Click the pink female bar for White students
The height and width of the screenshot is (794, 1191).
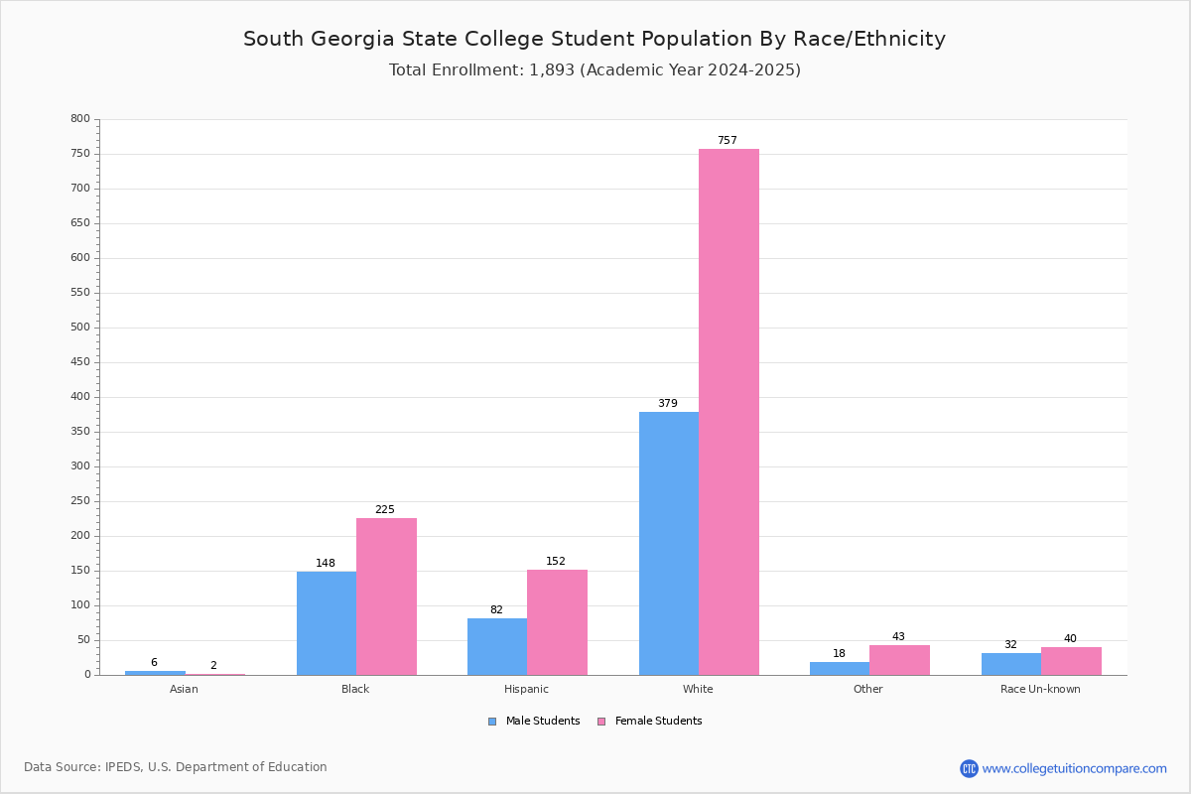pyautogui.click(x=728, y=412)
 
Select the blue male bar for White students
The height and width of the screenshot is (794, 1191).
pyautogui.click(x=669, y=543)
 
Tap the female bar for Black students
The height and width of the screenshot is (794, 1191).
pyautogui.click(x=386, y=596)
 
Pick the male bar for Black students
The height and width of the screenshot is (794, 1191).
pyautogui.click(x=327, y=623)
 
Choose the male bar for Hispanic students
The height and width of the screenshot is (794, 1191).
pyautogui.click(x=497, y=646)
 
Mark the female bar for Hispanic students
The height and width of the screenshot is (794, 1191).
pyautogui.click(x=557, y=622)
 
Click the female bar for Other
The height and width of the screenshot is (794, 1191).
pyautogui.click(x=899, y=660)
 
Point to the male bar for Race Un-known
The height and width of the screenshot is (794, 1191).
pyautogui.click(x=1011, y=664)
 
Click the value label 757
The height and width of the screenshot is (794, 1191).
pyautogui.click(x=728, y=141)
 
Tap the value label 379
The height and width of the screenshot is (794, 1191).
pyautogui.click(x=668, y=404)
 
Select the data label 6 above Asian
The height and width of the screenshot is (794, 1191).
pyautogui.click(x=154, y=663)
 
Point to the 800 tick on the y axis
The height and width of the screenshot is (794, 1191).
pyautogui.click(x=80, y=119)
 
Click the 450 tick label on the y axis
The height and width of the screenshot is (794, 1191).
pyautogui.click(x=80, y=362)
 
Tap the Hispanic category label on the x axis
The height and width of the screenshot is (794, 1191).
pyautogui.click(x=526, y=689)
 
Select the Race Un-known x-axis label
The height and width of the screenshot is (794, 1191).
pyautogui.click(x=1040, y=689)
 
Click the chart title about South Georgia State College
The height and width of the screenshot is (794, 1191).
pyautogui.click(x=595, y=40)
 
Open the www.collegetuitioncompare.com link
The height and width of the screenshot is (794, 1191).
pyautogui.click(x=1074, y=768)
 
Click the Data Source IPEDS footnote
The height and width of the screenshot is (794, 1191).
pyautogui.click(x=176, y=767)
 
